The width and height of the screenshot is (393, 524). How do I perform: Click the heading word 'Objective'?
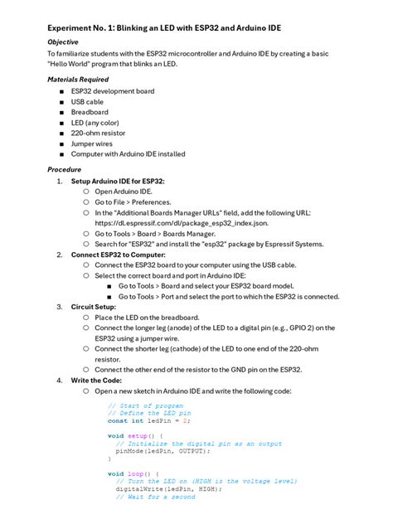point(63,41)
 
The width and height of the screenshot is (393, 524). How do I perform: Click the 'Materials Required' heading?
point(78,80)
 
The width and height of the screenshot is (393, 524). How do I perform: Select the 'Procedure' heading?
point(64,169)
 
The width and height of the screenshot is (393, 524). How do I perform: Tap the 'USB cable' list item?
point(87,102)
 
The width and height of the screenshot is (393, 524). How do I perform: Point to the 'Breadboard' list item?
point(90,112)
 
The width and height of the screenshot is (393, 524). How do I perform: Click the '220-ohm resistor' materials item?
point(98,133)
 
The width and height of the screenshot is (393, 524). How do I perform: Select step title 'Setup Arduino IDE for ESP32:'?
point(118,181)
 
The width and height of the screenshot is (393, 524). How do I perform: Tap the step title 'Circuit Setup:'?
point(93,307)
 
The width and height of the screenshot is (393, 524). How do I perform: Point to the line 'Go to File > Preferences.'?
point(133,202)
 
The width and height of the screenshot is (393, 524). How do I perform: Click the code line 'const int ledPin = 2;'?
point(149,421)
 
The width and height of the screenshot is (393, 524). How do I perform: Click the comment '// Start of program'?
point(145,405)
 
